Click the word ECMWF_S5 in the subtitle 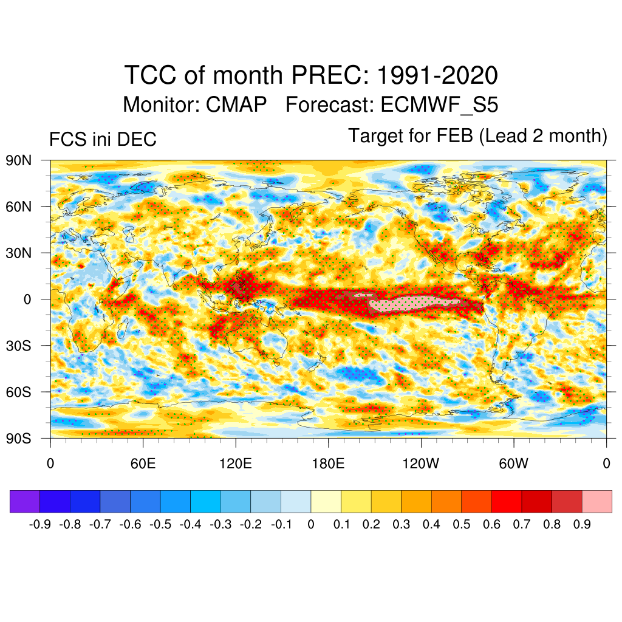(439, 104)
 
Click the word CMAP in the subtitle (236, 104)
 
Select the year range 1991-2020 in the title (437, 76)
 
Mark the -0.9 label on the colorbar (39, 524)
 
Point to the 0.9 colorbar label (582, 524)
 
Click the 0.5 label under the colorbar (462, 524)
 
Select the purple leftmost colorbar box (25, 502)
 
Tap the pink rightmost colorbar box (597, 502)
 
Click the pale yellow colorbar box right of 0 (326, 502)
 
